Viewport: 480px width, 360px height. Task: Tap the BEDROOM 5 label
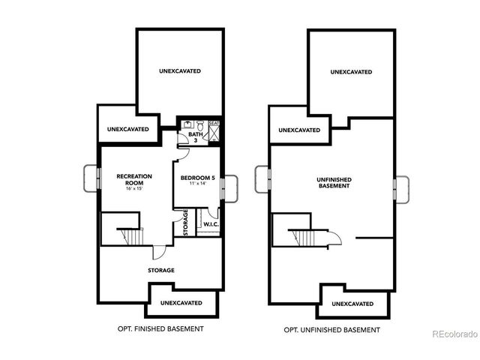pos(198,177)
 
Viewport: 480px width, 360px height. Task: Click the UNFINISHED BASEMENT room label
pos(334,182)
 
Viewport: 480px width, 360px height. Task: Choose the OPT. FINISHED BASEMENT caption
pos(160,328)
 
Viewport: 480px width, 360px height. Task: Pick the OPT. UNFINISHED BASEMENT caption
pos(331,329)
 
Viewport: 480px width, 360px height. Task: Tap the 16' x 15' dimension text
pos(134,187)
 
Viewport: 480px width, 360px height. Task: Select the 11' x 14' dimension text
pos(197,184)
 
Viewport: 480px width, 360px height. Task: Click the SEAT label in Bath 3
pos(214,123)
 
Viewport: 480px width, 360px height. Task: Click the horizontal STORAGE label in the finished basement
pos(160,270)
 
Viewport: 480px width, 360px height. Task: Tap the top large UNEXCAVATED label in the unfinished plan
pos(351,72)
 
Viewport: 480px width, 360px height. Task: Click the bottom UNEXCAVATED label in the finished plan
pos(181,302)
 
